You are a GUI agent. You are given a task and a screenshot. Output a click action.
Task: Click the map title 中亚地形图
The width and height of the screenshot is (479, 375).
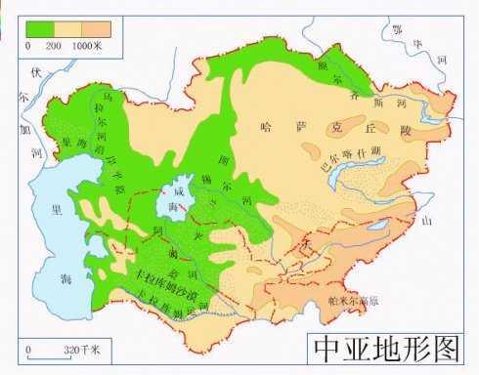[x=387, y=348]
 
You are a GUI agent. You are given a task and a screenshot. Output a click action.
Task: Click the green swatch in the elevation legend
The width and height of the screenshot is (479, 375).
[x=40, y=29]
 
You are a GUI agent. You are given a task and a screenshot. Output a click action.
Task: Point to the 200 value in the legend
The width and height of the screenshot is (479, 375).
[x=55, y=45]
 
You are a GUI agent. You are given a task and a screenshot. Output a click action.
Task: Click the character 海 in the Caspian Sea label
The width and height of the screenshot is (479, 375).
[x=66, y=279]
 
